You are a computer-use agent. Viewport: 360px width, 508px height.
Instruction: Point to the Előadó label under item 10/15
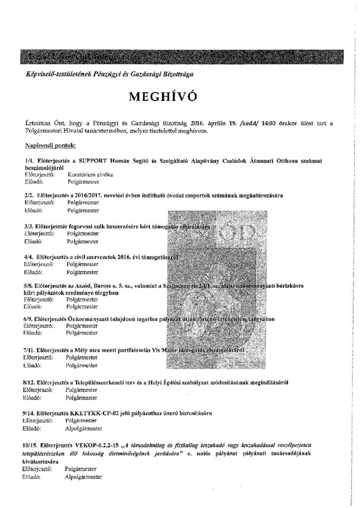coord(32,476)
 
